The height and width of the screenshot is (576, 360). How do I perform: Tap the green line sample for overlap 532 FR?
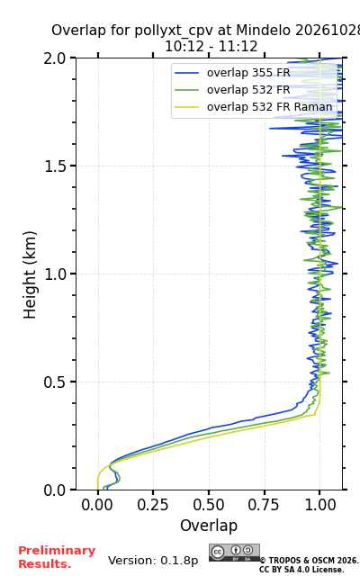tap(186, 90)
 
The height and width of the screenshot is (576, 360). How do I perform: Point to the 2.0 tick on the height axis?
tap(54, 58)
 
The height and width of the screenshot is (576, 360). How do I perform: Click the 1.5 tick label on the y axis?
tap(55, 166)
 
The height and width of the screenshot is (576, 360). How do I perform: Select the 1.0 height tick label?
tap(55, 274)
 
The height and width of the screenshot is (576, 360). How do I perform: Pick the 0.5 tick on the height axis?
tap(54, 382)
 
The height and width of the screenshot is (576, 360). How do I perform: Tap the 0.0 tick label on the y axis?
tap(54, 490)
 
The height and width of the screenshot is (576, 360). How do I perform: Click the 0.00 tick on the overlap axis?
tap(97, 505)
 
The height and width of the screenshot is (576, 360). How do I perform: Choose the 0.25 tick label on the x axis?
tap(153, 505)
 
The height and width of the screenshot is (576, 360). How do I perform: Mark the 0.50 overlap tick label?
tap(209, 505)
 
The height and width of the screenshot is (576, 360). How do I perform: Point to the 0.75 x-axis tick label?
tap(264, 505)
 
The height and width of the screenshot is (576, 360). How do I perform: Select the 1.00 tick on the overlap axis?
tap(320, 505)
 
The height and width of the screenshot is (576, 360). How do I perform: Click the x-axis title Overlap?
tap(209, 526)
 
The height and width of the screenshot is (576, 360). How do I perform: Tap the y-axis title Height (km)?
tap(30, 274)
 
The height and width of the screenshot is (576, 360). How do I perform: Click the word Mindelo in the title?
tap(263, 30)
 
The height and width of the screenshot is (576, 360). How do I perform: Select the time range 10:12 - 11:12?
tap(211, 47)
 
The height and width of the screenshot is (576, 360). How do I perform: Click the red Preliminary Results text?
tap(57, 557)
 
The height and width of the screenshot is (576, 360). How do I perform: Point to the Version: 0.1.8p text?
tap(153, 561)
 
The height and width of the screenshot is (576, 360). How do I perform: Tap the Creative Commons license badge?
tap(234, 552)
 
